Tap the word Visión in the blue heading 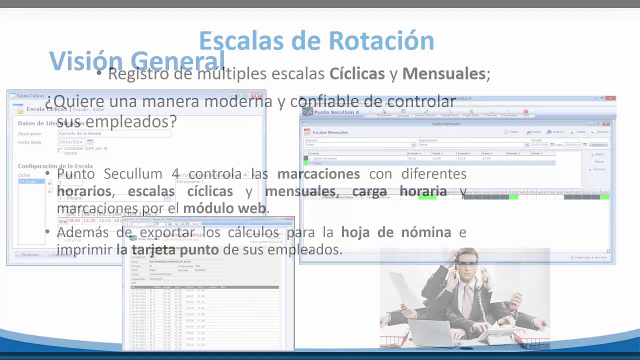click(86, 61)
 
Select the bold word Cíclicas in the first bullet click(356, 74)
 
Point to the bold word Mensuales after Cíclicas click(444, 74)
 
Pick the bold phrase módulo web click(225, 208)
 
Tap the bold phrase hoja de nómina click(396, 232)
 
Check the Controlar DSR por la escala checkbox click(60, 150)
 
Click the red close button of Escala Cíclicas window click(258, 95)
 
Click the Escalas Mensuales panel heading click(330, 132)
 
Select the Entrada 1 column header click(414, 153)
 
